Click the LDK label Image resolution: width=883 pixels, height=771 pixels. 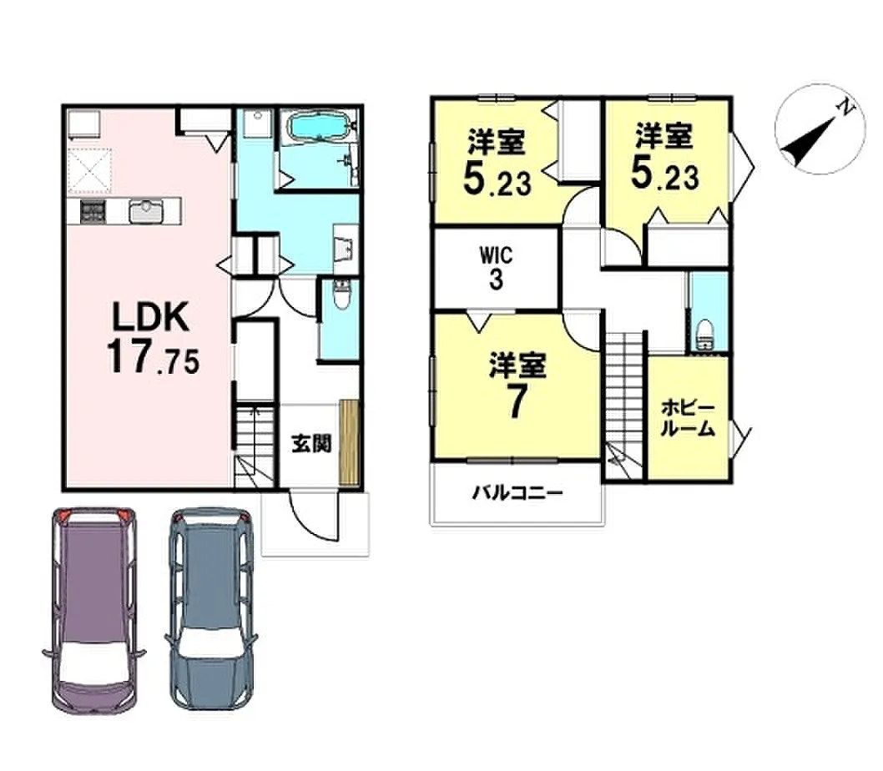pyautogui.click(x=150, y=317)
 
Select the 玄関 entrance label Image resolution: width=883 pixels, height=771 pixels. pyautogui.click(x=311, y=445)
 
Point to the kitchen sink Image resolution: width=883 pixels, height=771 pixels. pyautogui.click(x=145, y=212)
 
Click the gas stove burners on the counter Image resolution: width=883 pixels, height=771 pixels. pyautogui.click(x=93, y=212)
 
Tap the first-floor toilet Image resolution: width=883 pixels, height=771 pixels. pyautogui.click(x=341, y=295)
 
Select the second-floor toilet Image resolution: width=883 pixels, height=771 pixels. pyautogui.click(x=704, y=334)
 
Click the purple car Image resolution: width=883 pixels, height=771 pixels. pyautogui.click(x=93, y=610)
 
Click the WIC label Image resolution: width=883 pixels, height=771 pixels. pyautogui.click(x=496, y=255)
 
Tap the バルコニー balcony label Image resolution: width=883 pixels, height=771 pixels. pyautogui.click(x=517, y=493)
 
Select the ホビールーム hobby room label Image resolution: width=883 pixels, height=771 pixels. pyautogui.click(x=688, y=418)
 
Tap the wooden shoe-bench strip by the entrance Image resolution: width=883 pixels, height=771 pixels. pyautogui.click(x=349, y=442)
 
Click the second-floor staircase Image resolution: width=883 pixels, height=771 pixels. pyautogui.click(x=624, y=405)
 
